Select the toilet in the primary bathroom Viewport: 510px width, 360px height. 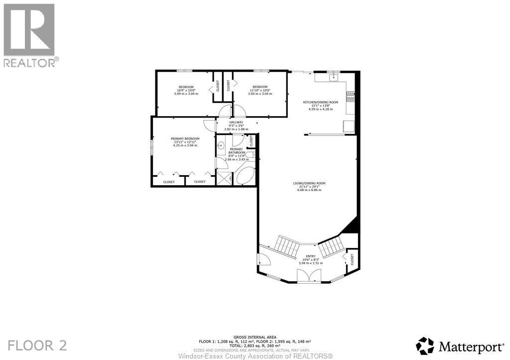coord(250,155)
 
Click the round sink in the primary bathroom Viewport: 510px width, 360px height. coord(221,145)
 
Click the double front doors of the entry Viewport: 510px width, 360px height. coord(306,276)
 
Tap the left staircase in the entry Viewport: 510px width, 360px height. coord(287,245)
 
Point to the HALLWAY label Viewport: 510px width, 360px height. coord(236,122)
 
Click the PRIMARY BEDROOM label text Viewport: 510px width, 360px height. coord(185,138)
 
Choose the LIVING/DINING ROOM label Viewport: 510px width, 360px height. coord(307,183)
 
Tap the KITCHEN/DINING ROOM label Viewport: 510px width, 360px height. coord(321,102)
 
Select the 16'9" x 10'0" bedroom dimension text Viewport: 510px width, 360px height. coord(186,90)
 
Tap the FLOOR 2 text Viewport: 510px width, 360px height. coord(37,345)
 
